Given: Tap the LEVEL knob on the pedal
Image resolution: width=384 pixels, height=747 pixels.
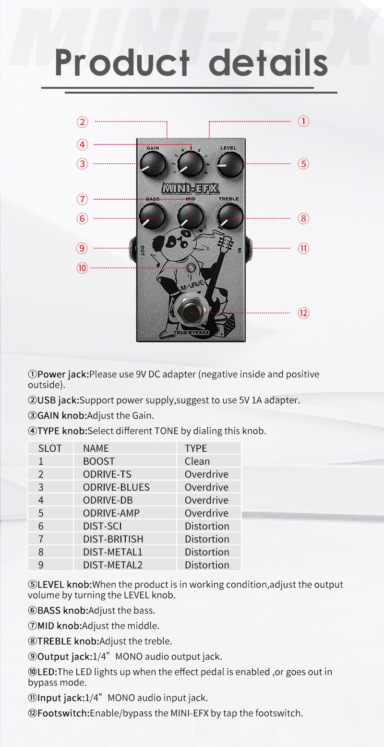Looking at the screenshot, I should coord(230,164).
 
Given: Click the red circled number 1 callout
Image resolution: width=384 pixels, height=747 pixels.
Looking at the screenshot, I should coord(303,121).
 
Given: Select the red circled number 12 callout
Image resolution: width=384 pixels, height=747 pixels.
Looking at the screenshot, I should coord(303,313).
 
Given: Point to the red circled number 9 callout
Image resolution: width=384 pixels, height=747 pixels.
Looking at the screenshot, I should coord(82,248).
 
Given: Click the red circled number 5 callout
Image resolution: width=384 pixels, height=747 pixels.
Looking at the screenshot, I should coord(303,163).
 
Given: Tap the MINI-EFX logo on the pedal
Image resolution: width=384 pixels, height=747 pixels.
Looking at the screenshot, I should coord(191,188).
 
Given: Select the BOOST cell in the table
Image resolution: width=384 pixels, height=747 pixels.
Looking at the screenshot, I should coord(99,461).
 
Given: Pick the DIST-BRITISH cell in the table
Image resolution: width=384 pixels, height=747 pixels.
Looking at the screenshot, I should coord(113,539).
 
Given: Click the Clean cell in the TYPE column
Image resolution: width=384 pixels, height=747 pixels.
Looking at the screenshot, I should coord(197,461).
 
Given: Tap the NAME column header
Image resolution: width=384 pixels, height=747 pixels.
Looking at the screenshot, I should coord(96,448).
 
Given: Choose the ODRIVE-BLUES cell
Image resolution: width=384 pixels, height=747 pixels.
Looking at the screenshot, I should coord(116,487).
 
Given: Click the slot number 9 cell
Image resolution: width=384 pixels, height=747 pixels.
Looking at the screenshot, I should coord(41,565).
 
